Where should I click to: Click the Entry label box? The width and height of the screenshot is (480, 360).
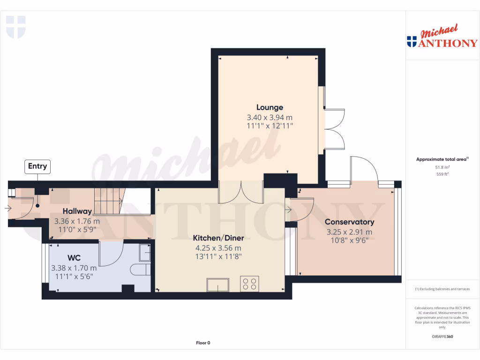pyautogui.click(x=37, y=166)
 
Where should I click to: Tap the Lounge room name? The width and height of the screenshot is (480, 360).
pyautogui.click(x=270, y=107)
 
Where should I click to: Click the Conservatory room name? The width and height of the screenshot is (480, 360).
pyautogui.click(x=349, y=222)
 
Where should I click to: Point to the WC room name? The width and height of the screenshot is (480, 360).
pyautogui.click(x=74, y=258)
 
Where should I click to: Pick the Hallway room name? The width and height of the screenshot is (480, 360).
pyautogui.click(x=77, y=211)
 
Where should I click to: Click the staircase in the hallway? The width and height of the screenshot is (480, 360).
pyautogui.click(x=107, y=201)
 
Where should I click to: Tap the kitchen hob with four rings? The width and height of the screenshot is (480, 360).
pyautogui.click(x=249, y=284)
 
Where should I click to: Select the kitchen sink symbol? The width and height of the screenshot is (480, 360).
pyautogui.click(x=218, y=285)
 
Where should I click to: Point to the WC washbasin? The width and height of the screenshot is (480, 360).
pyautogui.click(x=144, y=254)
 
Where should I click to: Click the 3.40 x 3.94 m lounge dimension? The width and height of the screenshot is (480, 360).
pyautogui.click(x=270, y=117)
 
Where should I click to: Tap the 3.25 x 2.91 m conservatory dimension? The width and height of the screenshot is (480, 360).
pyautogui.click(x=349, y=232)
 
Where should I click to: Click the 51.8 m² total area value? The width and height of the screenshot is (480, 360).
pyautogui.click(x=442, y=167)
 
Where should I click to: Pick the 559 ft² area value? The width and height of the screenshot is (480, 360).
pyautogui.click(x=442, y=174)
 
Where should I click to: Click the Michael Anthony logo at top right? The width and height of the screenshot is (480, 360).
pyautogui.click(x=442, y=37)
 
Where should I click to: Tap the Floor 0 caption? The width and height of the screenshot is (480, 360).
pyautogui.click(x=203, y=343)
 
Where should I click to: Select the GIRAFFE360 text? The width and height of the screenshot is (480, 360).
pyautogui.click(x=442, y=336)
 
